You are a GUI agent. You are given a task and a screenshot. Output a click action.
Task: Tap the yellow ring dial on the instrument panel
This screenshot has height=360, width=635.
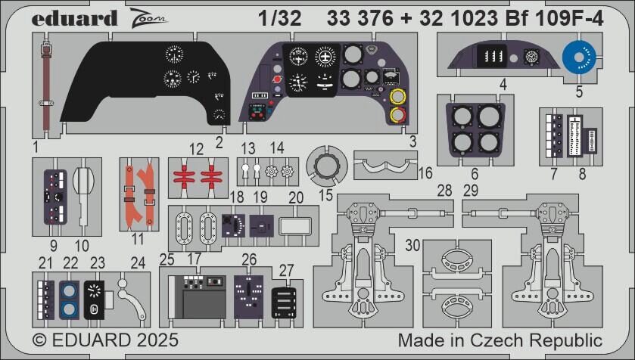[396, 98]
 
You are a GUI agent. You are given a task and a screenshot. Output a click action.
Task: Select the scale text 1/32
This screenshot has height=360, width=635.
[279, 20]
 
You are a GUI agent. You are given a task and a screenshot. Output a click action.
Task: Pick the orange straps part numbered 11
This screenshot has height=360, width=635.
[141, 189]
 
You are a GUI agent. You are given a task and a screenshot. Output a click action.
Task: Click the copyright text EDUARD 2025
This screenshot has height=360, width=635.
[104, 340]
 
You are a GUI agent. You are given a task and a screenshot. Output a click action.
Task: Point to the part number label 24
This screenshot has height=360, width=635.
[138, 263]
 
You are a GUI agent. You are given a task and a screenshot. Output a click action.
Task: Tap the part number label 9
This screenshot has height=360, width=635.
[53, 244]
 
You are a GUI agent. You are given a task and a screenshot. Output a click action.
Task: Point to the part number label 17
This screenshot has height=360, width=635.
[194, 259]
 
